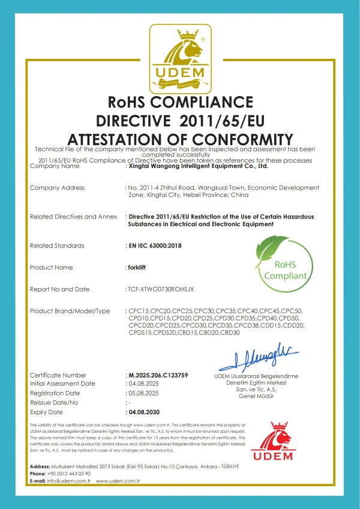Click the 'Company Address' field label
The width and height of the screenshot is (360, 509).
pos(57,188)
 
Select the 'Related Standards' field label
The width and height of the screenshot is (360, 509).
pos(57,245)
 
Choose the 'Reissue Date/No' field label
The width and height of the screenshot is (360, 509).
pos(55,403)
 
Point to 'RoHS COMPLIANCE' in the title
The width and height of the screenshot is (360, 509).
pos(180,101)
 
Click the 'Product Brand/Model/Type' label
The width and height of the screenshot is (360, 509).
pos(70,311)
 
